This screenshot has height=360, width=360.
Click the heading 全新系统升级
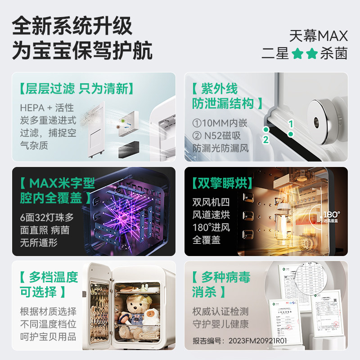coord(72,26)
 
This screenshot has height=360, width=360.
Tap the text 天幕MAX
coord(319,35)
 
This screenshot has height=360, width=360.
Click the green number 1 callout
coord(291,123)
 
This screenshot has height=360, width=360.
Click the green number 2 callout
coord(265,139)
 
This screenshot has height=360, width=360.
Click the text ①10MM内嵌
coord(218,122)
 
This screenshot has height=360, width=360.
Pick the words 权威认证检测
coord(220,311)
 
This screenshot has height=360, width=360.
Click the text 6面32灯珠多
coord(47,217)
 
